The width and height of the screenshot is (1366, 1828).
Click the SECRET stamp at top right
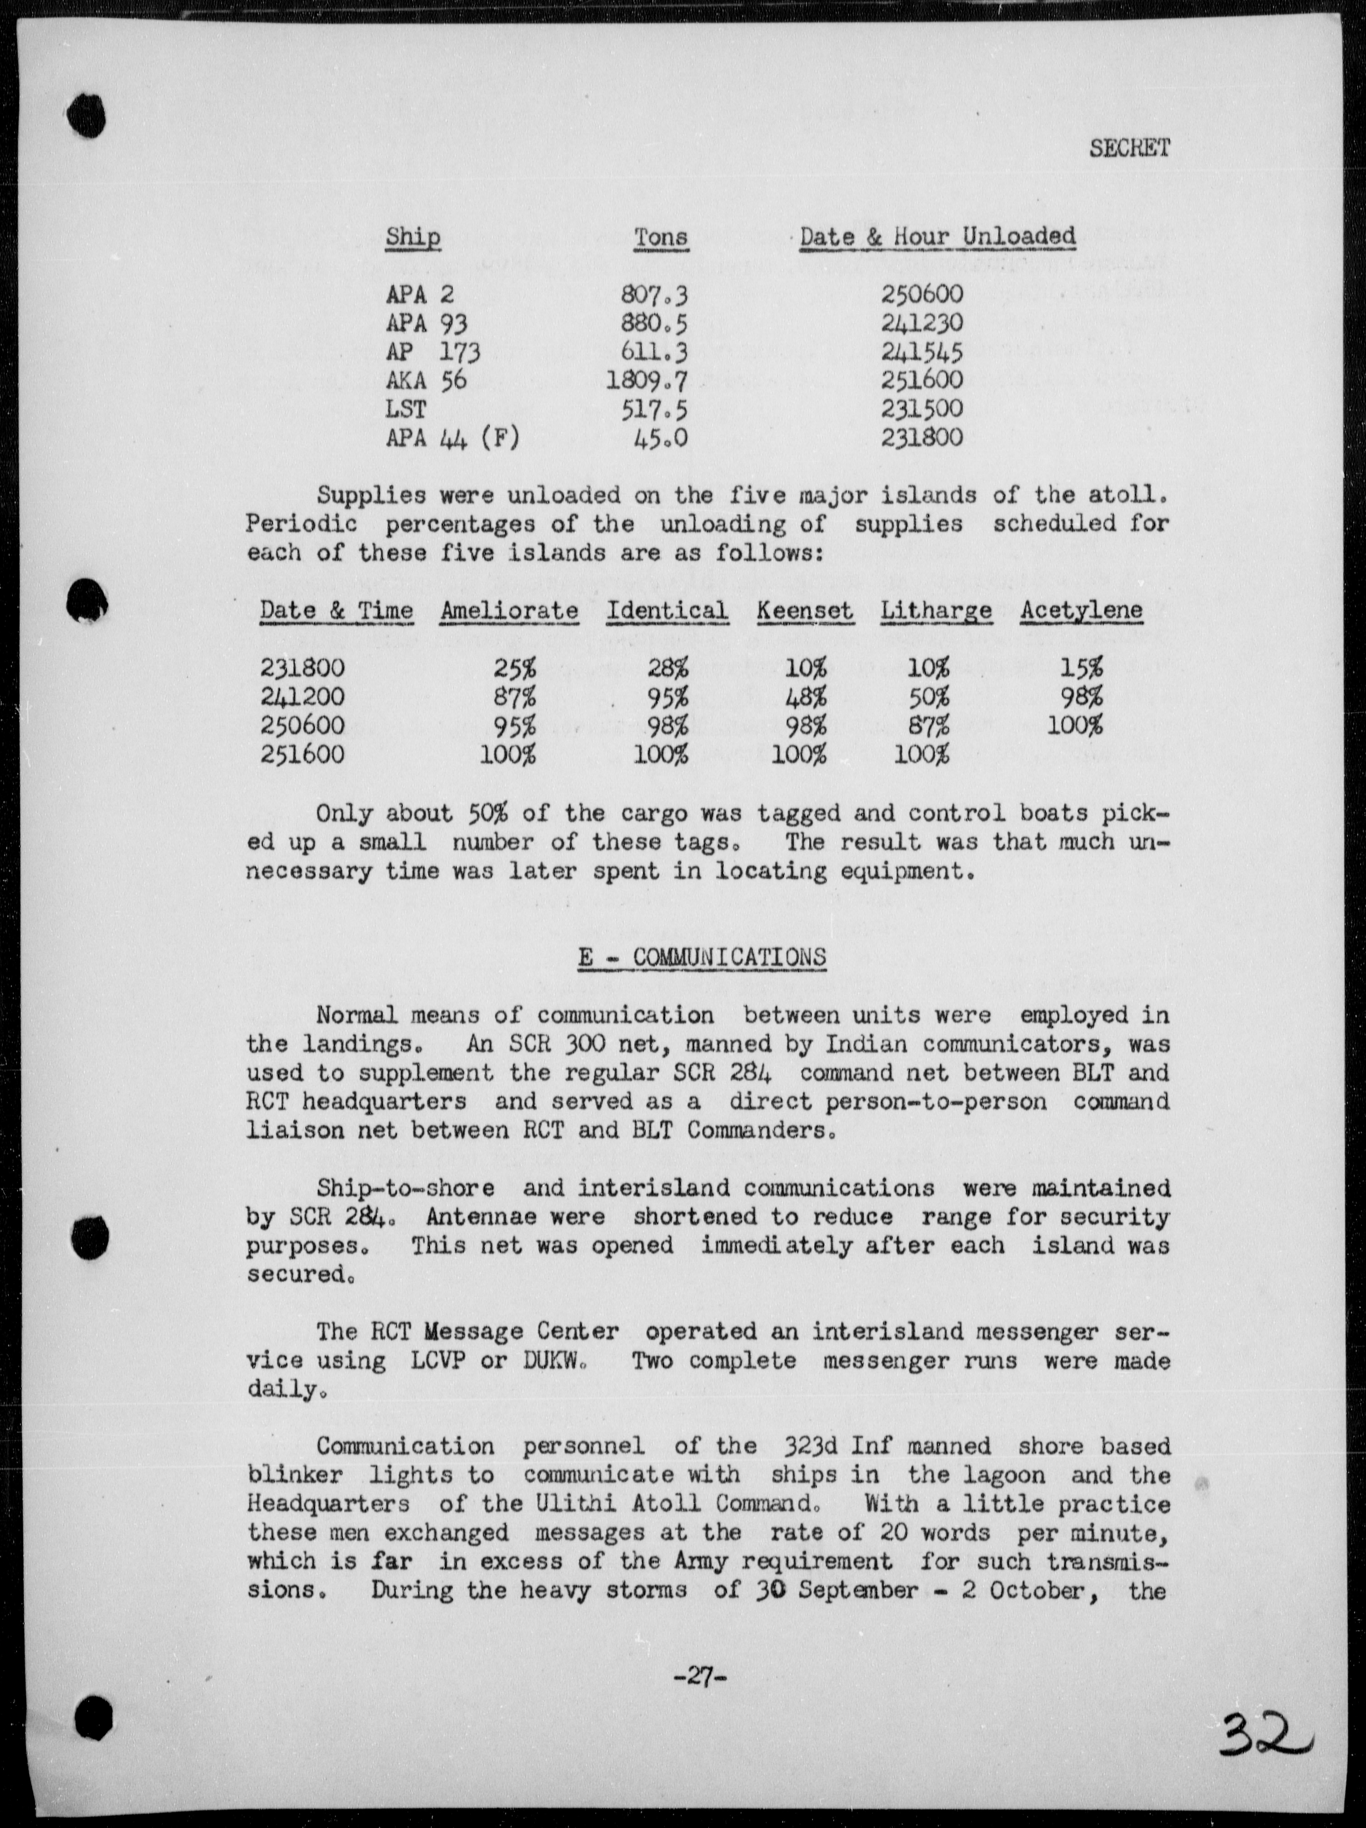1129,149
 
